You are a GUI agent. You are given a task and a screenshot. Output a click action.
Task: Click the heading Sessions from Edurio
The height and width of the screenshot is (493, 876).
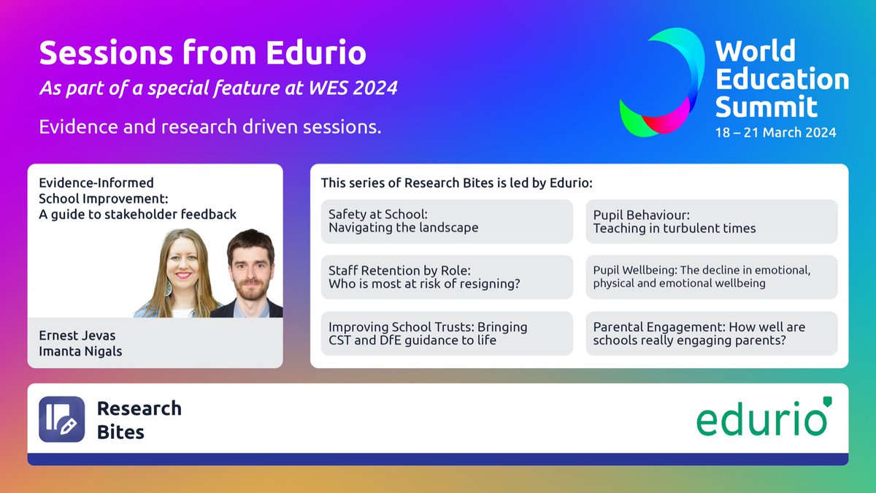point(202,53)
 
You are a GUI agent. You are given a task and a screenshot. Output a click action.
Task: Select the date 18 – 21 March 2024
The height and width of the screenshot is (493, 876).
point(775,133)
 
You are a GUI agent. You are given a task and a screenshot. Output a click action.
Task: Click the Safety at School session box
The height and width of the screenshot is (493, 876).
point(447,221)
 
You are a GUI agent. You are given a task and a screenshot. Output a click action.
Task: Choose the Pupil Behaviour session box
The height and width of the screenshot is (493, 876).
point(711,221)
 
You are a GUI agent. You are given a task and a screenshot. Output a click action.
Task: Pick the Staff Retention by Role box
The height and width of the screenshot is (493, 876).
point(447,277)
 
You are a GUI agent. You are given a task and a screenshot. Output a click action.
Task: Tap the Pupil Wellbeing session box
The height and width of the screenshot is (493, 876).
point(711,277)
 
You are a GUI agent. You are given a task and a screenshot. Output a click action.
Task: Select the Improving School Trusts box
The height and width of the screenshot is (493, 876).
point(447,334)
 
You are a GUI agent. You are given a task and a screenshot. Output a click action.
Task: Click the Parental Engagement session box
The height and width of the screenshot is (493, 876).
point(711,334)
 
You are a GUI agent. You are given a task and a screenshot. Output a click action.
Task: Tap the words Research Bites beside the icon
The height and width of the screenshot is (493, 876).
point(139,419)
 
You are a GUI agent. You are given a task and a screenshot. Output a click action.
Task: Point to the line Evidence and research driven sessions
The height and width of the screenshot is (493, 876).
point(210,126)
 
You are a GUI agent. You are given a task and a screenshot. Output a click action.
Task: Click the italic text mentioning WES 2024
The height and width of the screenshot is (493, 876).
point(218,88)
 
